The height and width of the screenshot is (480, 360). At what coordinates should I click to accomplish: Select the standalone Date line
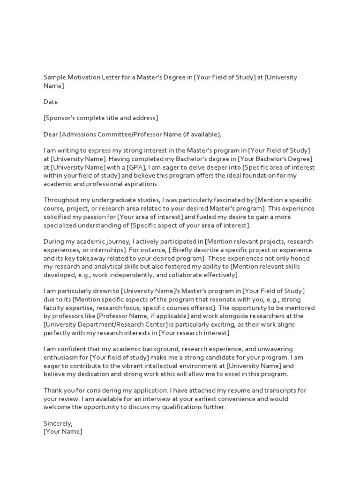click(51, 102)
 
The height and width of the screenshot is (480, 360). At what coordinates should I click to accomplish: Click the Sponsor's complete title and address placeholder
click(101, 118)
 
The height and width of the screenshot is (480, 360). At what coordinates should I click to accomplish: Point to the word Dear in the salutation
click(51, 135)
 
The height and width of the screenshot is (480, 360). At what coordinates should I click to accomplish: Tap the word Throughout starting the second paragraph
click(61, 200)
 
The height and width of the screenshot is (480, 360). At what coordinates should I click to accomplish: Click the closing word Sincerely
click(58, 423)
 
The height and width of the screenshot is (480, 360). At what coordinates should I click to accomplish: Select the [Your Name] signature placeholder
click(63, 432)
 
